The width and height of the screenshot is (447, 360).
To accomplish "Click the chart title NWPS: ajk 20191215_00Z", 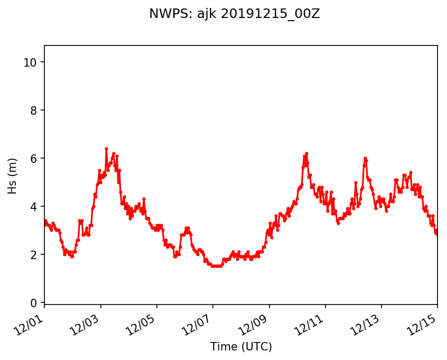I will [234, 14].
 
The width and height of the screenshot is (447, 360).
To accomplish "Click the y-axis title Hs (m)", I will [12, 176].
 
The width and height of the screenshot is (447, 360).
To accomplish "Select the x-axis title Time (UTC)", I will [241, 347].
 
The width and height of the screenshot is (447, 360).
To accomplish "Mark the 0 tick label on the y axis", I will [33, 303].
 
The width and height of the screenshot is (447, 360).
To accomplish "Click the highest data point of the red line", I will [106, 149].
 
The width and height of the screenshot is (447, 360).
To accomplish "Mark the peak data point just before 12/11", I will [306, 154].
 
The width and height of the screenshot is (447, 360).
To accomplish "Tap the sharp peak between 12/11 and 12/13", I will [365, 159].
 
